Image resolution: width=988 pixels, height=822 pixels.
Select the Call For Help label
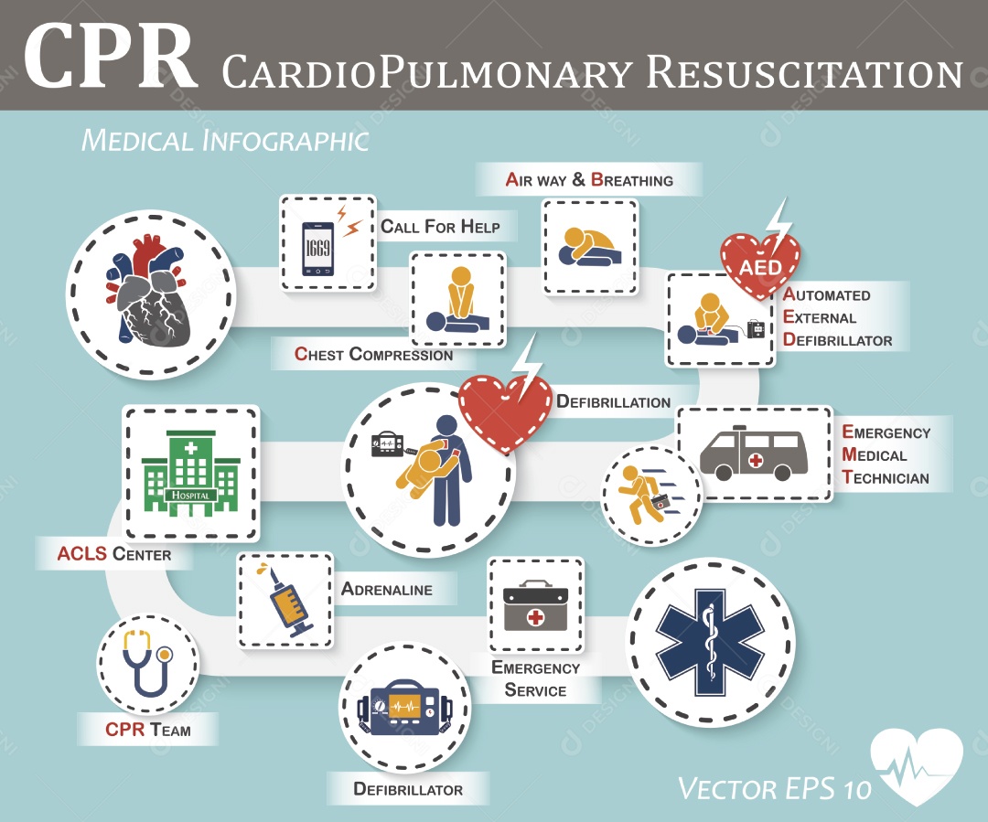[x=440, y=227]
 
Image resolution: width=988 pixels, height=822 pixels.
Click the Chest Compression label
[x=373, y=354]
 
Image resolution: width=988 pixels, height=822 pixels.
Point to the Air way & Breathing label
[x=589, y=179]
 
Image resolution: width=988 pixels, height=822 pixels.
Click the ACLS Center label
[x=113, y=554]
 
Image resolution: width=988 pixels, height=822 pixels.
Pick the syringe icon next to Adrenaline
[x=285, y=601]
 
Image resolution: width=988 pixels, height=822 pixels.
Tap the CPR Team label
[x=147, y=730]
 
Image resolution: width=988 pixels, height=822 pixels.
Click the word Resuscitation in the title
[x=804, y=72]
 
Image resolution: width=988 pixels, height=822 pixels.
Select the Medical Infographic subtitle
[x=224, y=140]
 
